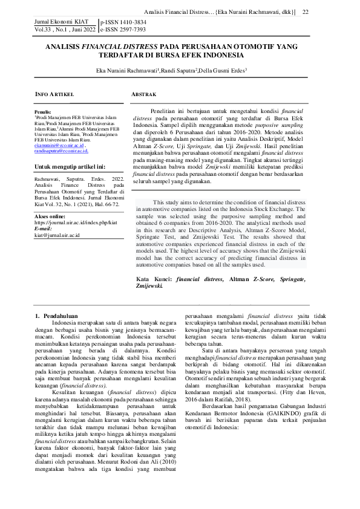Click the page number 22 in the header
[306, 13]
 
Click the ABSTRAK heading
[144, 95]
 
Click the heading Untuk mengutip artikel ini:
[70, 166]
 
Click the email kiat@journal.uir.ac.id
[57, 234]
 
